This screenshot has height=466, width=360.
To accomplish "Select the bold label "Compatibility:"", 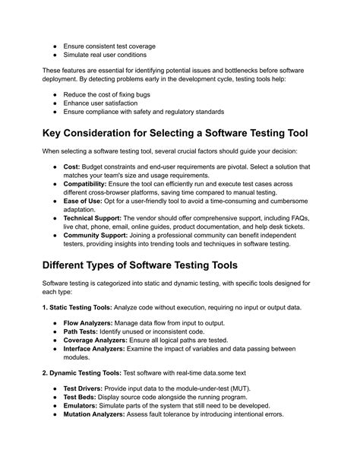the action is pos(89,184).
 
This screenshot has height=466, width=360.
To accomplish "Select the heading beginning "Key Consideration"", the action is pos(178,133).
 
